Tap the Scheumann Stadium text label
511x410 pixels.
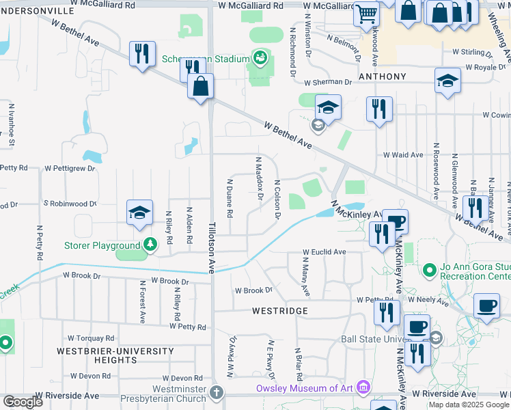pos(206,59)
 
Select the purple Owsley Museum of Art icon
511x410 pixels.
pos(363,387)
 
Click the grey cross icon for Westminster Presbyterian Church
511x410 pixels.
pos(217,392)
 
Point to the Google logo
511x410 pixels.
pos(22,402)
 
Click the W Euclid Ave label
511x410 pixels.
pos(324,252)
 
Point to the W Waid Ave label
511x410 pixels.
pos(403,155)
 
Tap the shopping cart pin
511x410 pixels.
pos(367,13)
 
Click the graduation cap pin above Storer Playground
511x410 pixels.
pos(139,213)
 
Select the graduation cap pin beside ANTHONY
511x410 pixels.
pos(447,81)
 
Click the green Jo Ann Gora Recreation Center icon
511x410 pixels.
pos(430,270)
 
